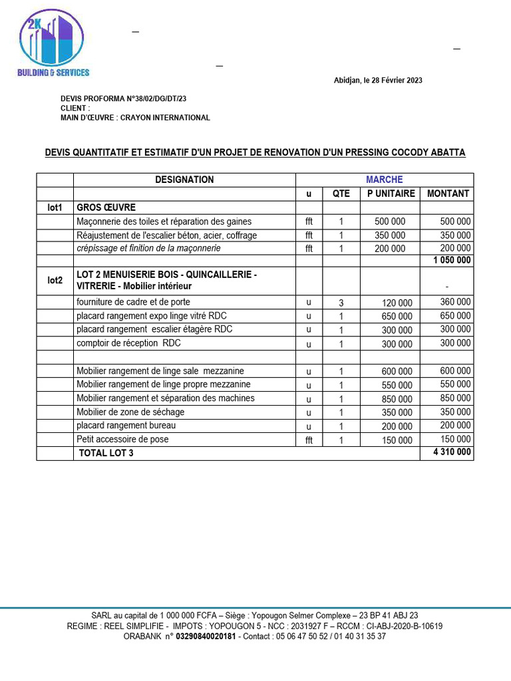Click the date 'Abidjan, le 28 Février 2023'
[x=377, y=80]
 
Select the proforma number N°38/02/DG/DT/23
[x=156, y=99]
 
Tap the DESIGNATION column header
[x=184, y=180]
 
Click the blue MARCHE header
[x=384, y=180]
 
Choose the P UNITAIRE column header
[x=391, y=194]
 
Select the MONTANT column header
[x=447, y=194]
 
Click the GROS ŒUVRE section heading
[x=106, y=207]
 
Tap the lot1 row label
[x=55, y=207]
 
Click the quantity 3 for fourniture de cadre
[x=341, y=303]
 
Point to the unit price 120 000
[x=397, y=303]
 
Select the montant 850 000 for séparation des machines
[x=455, y=398]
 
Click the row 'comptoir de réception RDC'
[x=128, y=343]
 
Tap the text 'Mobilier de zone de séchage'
[x=130, y=412]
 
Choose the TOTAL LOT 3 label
[x=106, y=454]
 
